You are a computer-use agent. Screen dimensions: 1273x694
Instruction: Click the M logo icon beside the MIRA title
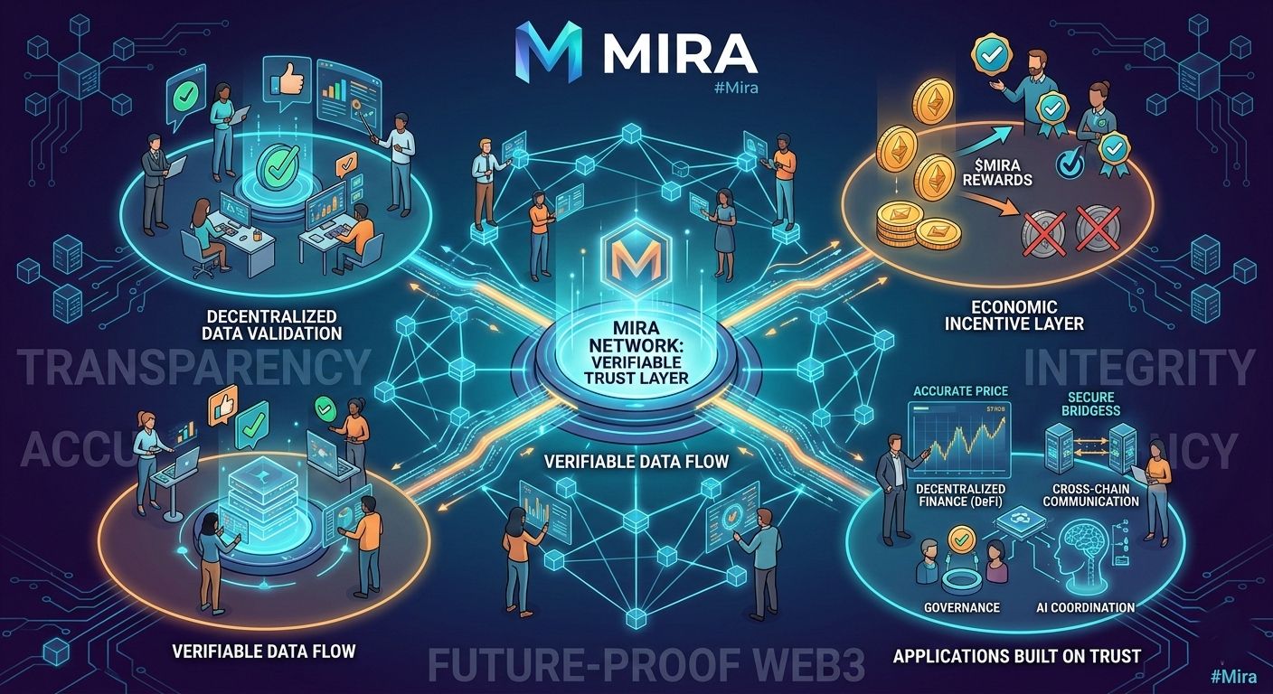coord(548,53)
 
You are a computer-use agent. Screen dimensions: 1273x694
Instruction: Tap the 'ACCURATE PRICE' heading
coord(960,391)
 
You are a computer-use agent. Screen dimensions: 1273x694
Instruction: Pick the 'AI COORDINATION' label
coord(1086,607)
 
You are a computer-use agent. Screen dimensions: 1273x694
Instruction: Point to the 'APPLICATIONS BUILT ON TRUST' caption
coord(1016,655)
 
